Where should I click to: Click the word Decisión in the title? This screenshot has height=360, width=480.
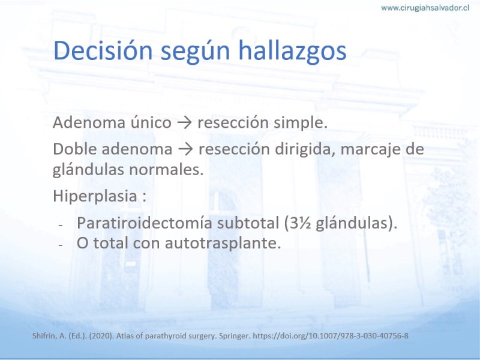(103, 50)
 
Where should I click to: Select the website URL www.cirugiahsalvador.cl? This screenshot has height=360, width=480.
(425, 8)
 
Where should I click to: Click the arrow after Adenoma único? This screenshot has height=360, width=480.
(184, 123)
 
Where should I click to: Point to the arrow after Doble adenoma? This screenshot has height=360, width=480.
(185, 149)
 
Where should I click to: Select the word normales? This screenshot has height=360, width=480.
(166, 170)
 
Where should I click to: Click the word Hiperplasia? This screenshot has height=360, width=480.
(95, 196)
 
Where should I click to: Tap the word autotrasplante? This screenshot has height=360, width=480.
(223, 244)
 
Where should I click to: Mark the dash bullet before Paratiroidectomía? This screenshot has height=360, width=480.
(61, 225)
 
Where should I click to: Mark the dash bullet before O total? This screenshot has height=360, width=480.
(61, 245)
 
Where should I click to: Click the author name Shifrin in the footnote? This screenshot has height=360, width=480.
(44, 336)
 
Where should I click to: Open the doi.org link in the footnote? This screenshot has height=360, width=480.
(331, 336)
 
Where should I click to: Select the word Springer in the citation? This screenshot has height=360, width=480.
(235, 336)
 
